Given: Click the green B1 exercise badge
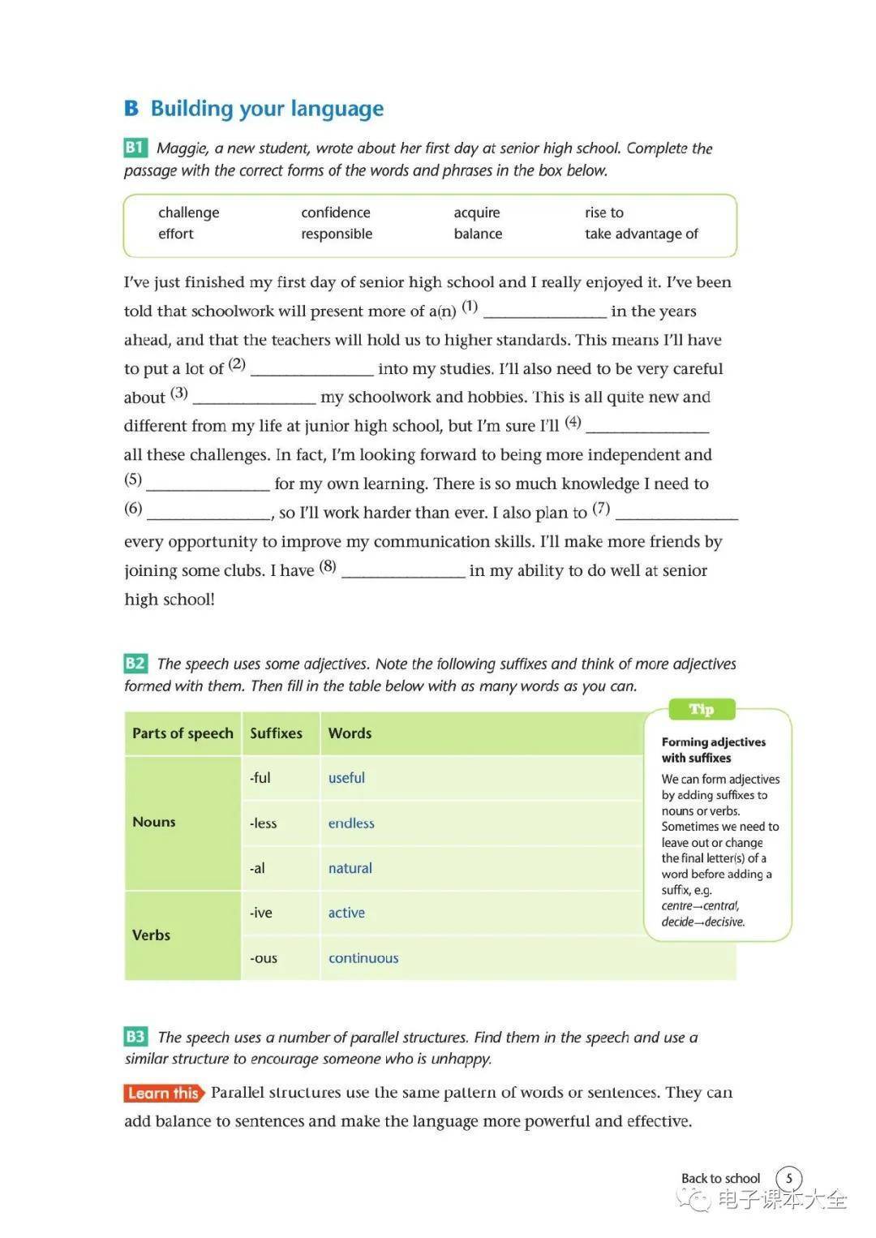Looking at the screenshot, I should tap(135, 148).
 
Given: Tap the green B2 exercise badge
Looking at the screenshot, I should tap(135, 663).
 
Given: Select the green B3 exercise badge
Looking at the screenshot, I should tap(135, 1036).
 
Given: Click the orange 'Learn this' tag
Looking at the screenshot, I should tap(163, 1093).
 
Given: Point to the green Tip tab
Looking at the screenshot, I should tap(701, 709).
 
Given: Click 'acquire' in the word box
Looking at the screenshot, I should tap(477, 213).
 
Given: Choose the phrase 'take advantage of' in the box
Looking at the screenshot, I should tap(641, 234).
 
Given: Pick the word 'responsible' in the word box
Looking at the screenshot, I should tap(337, 234).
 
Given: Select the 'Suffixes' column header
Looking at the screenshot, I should tap(276, 733).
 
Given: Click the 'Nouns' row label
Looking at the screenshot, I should tap(154, 822).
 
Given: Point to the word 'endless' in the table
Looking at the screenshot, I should tap(351, 823).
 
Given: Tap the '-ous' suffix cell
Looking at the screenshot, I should tap(264, 957).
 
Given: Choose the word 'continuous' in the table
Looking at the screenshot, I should tap(363, 957).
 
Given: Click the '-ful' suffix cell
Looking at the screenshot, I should tap(260, 777).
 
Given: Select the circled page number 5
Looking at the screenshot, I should tap(788, 1178).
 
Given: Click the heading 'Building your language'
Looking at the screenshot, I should tap(267, 109).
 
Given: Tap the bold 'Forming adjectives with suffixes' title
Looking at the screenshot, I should tap(713, 750).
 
